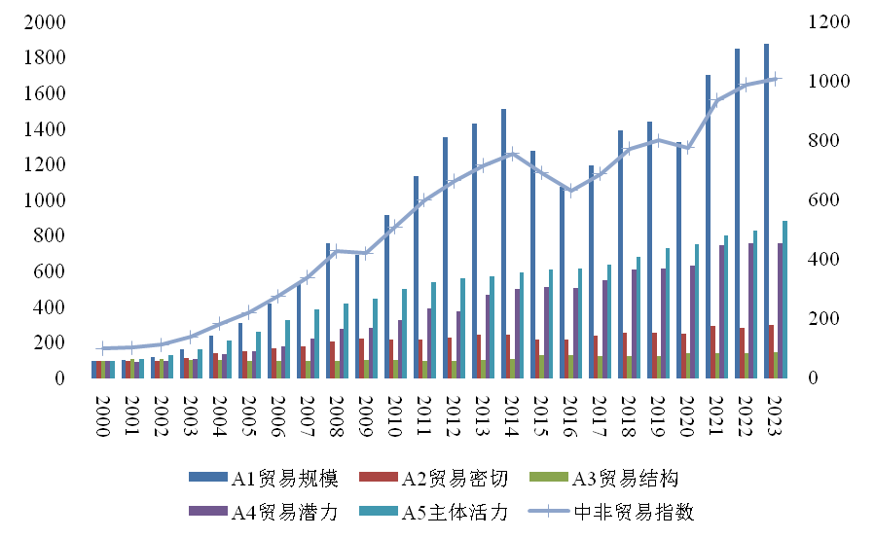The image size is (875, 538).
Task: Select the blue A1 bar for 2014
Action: click(x=503, y=243)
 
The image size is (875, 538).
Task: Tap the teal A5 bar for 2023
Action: click(x=784, y=300)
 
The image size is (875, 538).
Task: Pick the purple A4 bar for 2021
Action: click(x=721, y=311)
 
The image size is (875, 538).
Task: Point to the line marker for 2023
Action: click(x=776, y=78)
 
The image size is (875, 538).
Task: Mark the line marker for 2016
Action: click(x=571, y=191)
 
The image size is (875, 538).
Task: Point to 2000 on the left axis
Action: click(x=45, y=22)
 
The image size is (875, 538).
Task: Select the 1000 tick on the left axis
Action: click(x=45, y=200)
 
